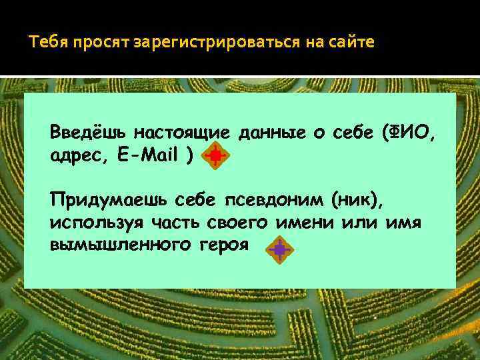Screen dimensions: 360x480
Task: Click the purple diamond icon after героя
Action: point(279,249)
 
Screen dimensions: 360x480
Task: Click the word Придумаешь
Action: point(107,199)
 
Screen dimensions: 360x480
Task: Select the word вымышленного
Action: point(115,245)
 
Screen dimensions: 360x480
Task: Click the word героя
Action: point(223,245)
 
